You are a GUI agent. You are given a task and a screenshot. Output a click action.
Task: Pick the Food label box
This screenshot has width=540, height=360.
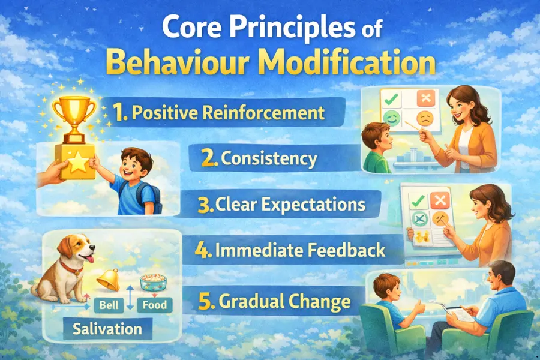[x=154, y=305]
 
